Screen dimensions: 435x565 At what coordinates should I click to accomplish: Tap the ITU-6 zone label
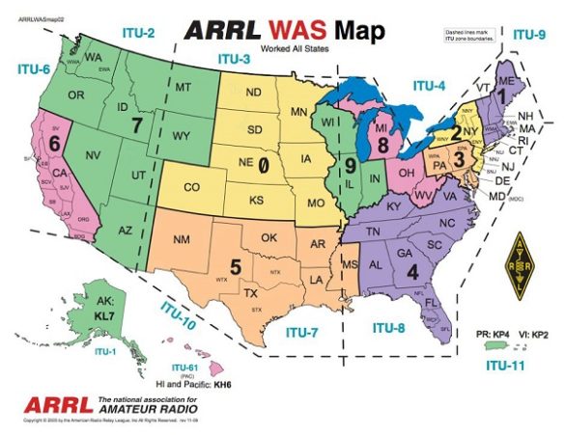pyautogui.click(x=35, y=68)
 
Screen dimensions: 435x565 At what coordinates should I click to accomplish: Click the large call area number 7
pyautogui.click(x=136, y=124)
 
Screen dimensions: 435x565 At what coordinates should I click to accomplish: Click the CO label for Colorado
pyautogui.click(x=192, y=186)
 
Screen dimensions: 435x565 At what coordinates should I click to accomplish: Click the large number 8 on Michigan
pyautogui.click(x=384, y=146)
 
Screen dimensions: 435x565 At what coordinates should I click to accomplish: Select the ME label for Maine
pyautogui.click(x=501, y=84)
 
